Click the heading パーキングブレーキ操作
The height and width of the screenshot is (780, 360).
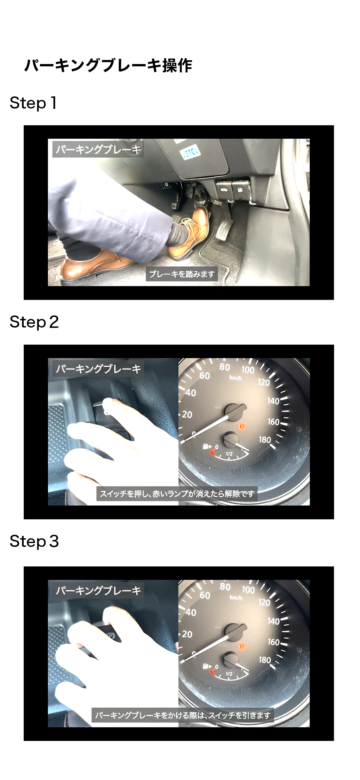[108, 66]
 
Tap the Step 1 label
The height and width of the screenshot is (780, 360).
[33, 103]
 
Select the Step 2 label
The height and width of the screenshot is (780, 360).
[34, 322]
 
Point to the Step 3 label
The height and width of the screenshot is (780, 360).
[34, 541]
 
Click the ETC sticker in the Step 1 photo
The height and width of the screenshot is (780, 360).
[191, 152]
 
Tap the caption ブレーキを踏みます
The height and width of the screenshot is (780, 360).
[182, 274]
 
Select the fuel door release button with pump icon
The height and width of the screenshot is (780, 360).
[241, 189]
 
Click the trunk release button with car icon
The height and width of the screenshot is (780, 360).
[224, 190]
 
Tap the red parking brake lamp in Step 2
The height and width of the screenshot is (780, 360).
[242, 426]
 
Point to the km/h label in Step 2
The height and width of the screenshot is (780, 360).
[236, 378]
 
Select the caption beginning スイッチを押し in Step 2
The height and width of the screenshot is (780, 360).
[177, 493]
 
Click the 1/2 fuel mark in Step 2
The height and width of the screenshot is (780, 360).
[229, 454]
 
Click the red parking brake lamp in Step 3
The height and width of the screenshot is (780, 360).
[242, 646]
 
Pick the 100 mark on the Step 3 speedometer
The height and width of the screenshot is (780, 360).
[248, 589]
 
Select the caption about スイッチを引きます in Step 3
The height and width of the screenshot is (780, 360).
[183, 715]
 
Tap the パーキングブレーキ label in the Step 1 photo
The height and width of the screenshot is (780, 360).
[98, 150]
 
